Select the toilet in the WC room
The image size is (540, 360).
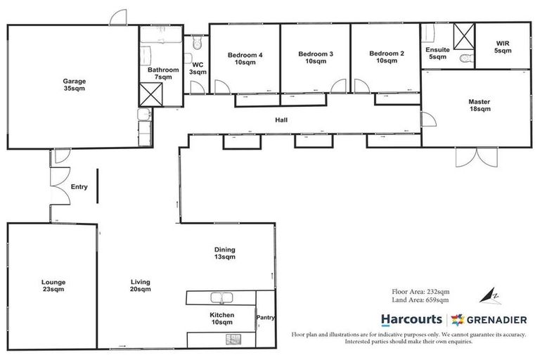click(197, 44)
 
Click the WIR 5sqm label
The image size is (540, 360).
click(501, 48)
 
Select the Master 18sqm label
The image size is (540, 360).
click(479, 105)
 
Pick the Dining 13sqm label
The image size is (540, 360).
click(225, 253)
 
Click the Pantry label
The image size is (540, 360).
click(266, 318)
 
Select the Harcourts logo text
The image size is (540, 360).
click(411, 319)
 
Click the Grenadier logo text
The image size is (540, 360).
click(496, 319)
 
